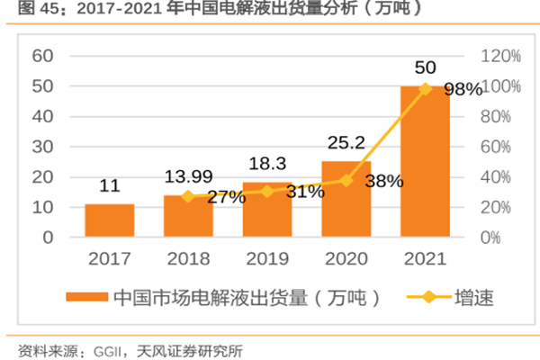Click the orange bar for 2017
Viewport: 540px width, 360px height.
click(x=110, y=220)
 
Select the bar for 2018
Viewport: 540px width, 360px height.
click(x=188, y=217)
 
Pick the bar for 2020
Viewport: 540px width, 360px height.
click(x=346, y=200)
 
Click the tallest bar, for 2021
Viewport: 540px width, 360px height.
click(x=424, y=162)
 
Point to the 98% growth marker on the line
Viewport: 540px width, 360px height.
click(x=425, y=88)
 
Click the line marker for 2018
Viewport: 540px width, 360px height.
click(x=188, y=196)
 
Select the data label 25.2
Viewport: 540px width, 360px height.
click(x=345, y=141)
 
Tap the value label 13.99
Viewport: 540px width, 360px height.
click(x=188, y=175)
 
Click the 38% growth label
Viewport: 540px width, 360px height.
click(x=384, y=181)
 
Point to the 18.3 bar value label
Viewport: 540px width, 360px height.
click(x=266, y=163)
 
